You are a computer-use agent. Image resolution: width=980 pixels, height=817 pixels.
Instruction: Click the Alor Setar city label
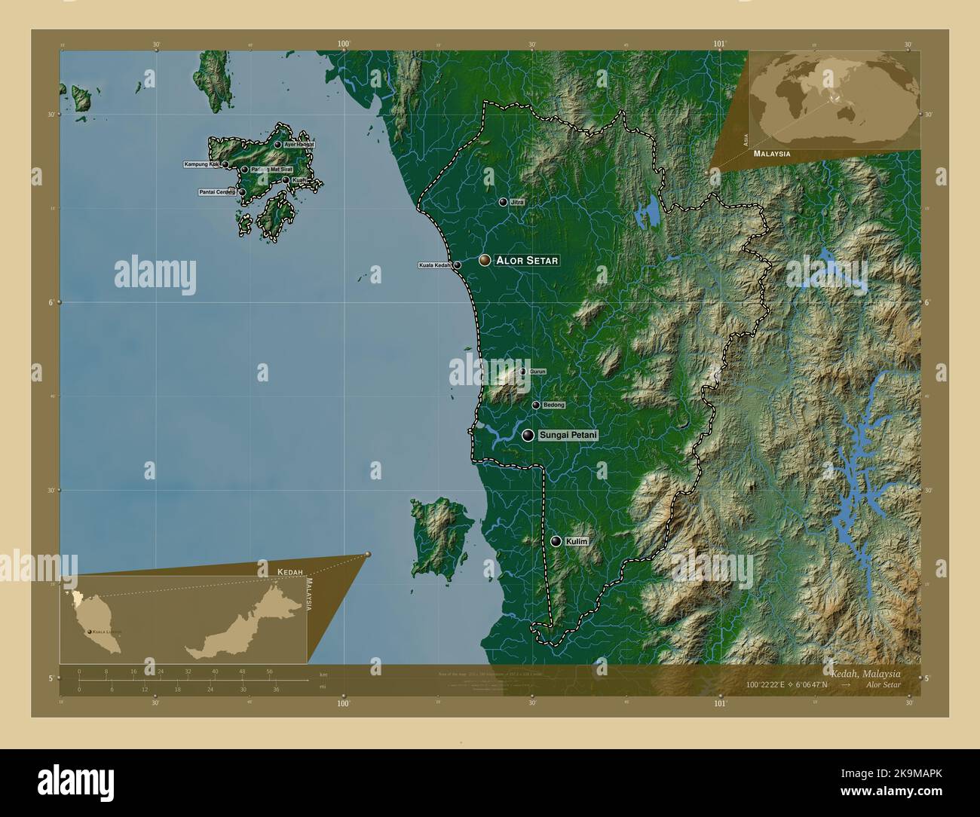pyautogui.click(x=527, y=261)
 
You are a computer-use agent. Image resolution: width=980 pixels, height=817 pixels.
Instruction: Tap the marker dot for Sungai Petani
pyautogui.click(x=528, y=435)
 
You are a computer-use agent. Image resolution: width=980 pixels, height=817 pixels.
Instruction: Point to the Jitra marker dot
pyautogui.click(x=503, y=202)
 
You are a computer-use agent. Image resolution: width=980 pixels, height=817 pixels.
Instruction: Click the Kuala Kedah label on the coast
pyautogui.click(x=435, y=265)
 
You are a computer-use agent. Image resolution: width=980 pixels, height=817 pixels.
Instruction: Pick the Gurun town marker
pyautogui.click(x=523, y=372)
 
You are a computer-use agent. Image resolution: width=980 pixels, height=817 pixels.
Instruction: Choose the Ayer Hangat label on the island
pyautogui.click(x=299, y=145)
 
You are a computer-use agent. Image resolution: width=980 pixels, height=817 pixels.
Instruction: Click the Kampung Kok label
pyautogui.click(x=201, y=164)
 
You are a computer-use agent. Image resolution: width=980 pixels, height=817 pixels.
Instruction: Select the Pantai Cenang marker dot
pyautogui.click(x=243, y=192)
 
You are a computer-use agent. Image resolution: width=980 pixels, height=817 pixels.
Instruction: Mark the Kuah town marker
pyautogui.click(x=286, y=180)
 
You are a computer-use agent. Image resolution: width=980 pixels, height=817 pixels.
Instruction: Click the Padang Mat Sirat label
pyautogui.click(x=271, y=170)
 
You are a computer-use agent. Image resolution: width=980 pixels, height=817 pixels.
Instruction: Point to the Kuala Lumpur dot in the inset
pyautogui.click(x=90, y=632)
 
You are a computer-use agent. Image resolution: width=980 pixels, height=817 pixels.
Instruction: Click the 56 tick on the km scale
pyautogui.click(x=269, y=671)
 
